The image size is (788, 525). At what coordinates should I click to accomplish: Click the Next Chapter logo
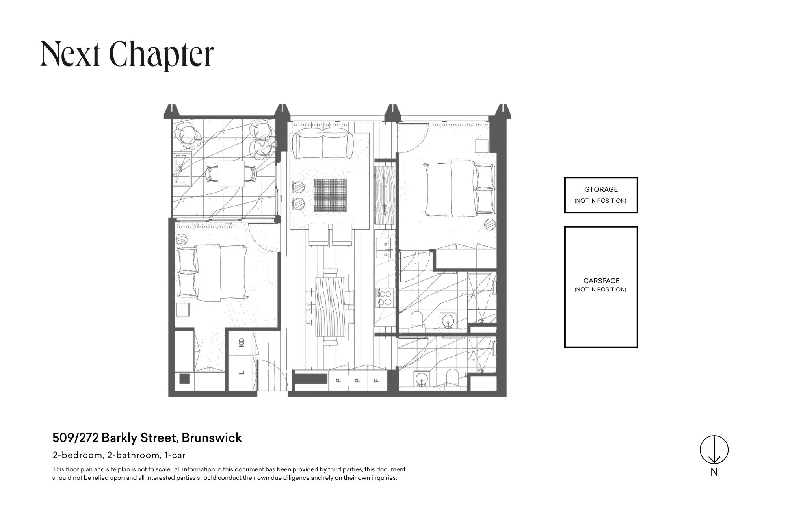point(127,55)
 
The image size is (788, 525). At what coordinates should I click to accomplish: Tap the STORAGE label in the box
point(601,189)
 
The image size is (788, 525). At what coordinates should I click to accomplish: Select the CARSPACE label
point(601,281)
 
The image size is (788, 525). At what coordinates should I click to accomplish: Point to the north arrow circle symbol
point(714,449)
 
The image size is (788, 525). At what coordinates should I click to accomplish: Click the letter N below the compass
point(714,472)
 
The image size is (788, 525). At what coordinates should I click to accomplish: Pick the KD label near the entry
point(242,342)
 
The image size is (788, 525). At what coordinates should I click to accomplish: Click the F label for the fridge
point(377,380)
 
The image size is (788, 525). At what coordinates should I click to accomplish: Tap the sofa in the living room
point(323,144)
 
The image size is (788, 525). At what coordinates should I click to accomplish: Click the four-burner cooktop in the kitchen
point(384,298)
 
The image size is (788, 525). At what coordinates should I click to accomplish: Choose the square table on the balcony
point(231,173)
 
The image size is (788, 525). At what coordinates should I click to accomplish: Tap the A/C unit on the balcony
point(183,168)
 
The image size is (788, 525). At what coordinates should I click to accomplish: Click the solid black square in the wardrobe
point(184,379)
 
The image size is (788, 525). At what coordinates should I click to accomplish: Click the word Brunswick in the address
point(212,438)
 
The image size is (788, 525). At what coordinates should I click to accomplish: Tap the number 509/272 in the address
point(76,438)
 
